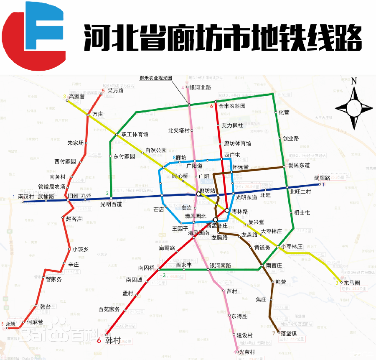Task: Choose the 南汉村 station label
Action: [26, 196]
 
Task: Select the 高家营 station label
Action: [76, 97]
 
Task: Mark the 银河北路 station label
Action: [200, 87]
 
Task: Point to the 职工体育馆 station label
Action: [135, 135]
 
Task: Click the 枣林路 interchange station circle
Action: [227, 210]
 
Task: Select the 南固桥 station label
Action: [146, 268]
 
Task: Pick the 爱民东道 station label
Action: [299, 166]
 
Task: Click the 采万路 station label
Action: [116, 90]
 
